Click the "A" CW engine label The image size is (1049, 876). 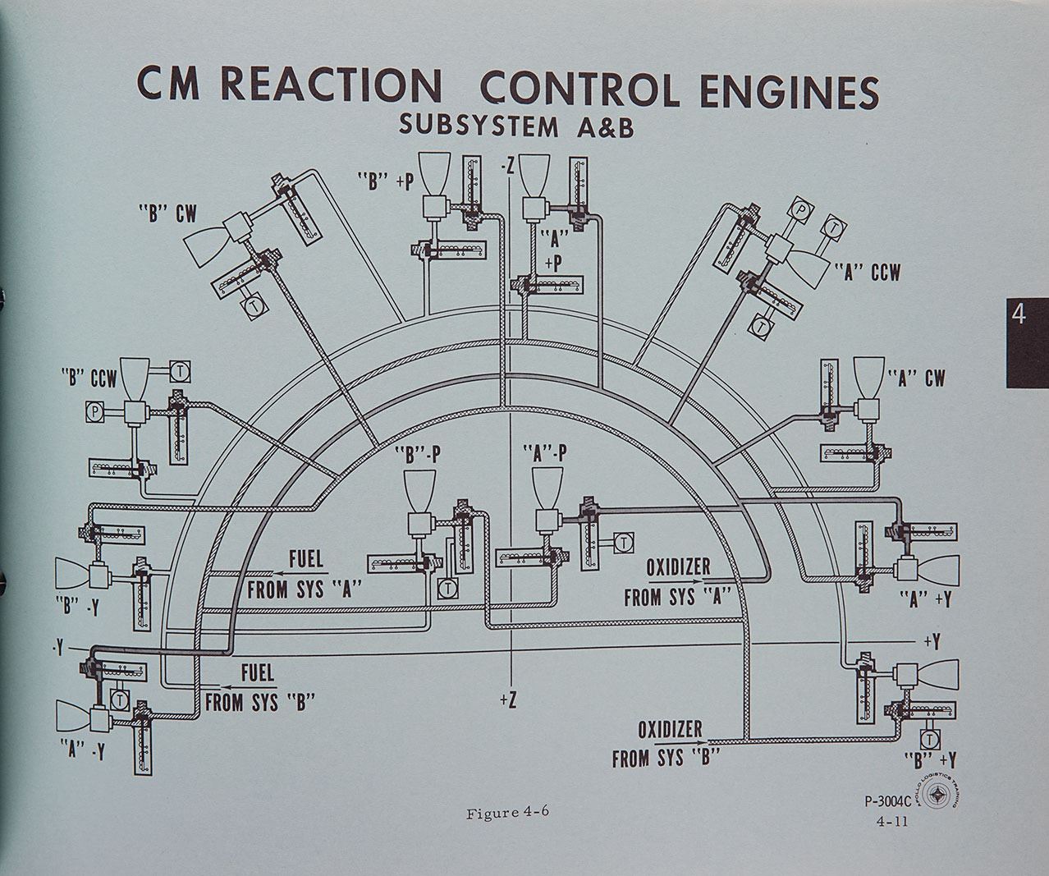point(917,378)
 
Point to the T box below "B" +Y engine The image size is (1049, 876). point(929,738)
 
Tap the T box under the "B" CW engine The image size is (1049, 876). point(251,305)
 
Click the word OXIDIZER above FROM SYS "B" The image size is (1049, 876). point(669,729)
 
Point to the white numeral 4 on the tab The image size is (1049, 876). point(1019,314)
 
